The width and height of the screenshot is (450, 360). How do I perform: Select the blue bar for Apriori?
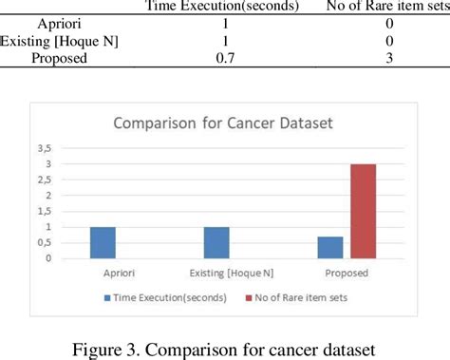coord(103,242)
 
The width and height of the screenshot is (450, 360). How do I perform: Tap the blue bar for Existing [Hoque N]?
coord(216,242)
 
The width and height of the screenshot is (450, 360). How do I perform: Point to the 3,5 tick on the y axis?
coord(69,148)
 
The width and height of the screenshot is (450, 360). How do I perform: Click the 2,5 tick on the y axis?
coord(69,180)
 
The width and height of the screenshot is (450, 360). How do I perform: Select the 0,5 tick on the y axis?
coord(69,243)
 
